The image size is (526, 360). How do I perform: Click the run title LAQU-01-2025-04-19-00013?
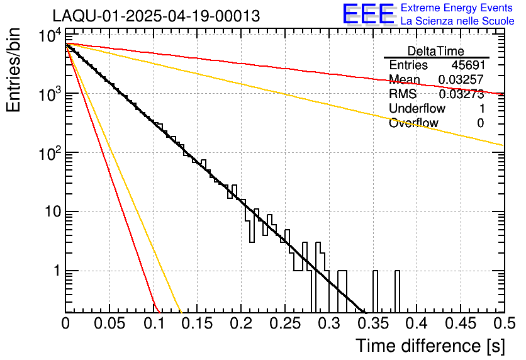(x=156, y=16)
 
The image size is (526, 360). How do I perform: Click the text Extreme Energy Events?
(x=457, y=8)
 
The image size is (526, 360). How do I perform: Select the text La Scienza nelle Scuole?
(x=457, y=21)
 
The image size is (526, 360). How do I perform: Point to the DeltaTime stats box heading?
(x=436, y=51)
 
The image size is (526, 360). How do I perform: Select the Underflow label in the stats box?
(x=417, y=109)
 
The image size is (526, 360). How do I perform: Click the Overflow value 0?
(x=480, y=123)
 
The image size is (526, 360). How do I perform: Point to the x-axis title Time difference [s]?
(x=429, y=346)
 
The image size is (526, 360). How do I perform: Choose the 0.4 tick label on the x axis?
(x=415, y=323)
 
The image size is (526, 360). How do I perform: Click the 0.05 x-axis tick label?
(x=109, y=323)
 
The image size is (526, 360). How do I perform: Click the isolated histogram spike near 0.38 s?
(x=398, y=291)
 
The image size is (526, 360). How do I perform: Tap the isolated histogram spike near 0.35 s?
(x=376, y=291)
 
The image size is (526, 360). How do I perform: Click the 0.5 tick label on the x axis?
(x=503, y=323)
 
